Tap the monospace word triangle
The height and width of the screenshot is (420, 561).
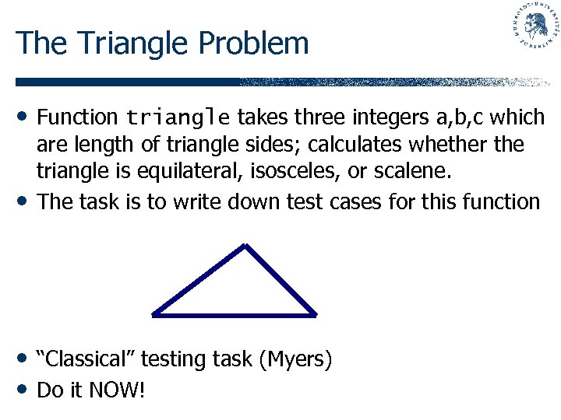pos(178,118)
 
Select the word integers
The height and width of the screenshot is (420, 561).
pos(389,118)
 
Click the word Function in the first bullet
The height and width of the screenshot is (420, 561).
pos(77,117)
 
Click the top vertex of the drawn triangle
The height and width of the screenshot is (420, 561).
pos(245,247)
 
